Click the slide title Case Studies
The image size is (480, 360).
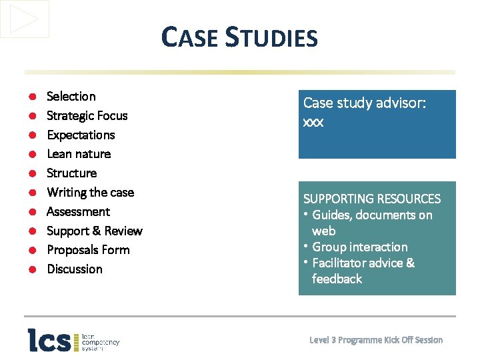pos(239,37)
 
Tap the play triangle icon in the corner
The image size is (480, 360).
pos(25,19)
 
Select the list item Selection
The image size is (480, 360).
pos(71,97)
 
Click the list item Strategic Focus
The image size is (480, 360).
pos(87,116)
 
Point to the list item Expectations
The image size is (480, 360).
pos(81,135)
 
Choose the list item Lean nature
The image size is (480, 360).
pos(79,154)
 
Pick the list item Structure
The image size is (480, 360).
pos(71,173)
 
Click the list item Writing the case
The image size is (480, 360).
pos(90,193)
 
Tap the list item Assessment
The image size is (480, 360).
pos(78,212)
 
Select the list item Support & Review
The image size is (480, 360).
pos(94,231)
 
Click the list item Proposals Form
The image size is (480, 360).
pos(88,250)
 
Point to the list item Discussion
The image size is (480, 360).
pos(75,269)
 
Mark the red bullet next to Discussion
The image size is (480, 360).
pos(32,270)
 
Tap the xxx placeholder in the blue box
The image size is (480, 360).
pos(313,123)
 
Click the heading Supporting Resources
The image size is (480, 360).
pos(372,199)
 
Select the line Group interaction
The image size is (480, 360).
pos(359,247)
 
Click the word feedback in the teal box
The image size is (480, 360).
pos(337,279)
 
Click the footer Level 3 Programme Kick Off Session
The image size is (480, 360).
pos(376,340)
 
